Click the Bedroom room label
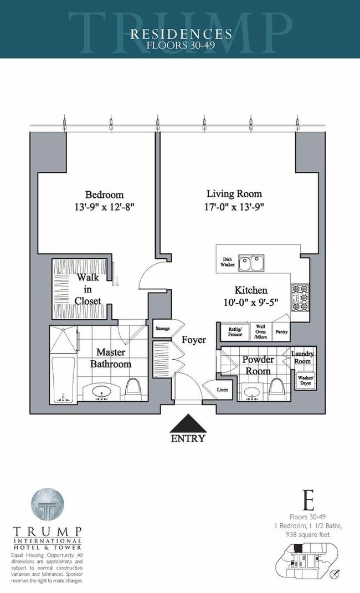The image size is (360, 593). pos(104,195)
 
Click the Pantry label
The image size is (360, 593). pos(281,332)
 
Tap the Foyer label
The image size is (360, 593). pos(193,340)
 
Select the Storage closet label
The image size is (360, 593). pos(162,328)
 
